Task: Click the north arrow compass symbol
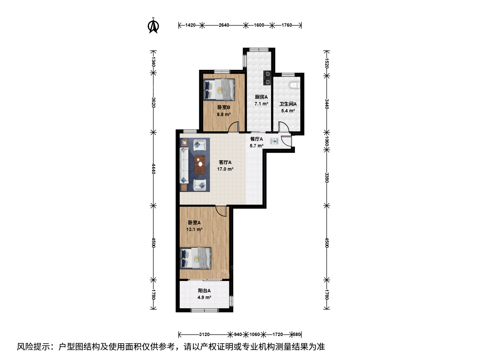click(153, 26)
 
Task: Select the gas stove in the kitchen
click(267, 78)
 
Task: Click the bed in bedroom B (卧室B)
click(219, 90)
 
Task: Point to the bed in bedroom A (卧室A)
click(195, 258)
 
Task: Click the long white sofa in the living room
click(184, 165)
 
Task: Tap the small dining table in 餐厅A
click(274, 141)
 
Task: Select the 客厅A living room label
click(225, 162)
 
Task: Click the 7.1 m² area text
click(261, 104)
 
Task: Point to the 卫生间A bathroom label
click(288, 104)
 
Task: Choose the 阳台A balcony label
click(204, 291)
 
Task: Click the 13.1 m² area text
click(194, 230)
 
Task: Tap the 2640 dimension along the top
click(224, 25)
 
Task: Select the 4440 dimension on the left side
click(153, 169)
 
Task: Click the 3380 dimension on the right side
click(326, 177)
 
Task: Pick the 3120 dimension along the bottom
click(204, 334)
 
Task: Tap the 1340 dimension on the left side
click(153, 62)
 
